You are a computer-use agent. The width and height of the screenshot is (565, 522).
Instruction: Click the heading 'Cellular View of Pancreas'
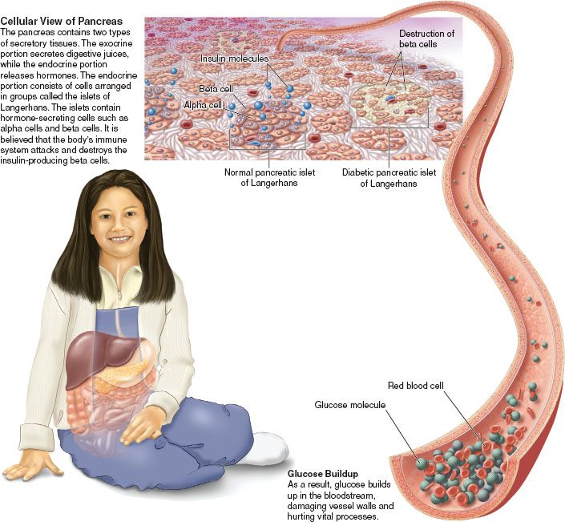point(62,22)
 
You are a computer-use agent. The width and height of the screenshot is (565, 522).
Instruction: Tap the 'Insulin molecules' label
point(234,59)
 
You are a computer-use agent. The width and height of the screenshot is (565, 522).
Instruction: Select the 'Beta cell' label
point(216,89)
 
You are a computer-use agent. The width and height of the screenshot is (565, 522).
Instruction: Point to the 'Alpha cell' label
point(203,105)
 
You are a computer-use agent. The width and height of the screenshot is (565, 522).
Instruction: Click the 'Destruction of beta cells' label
point(426,39)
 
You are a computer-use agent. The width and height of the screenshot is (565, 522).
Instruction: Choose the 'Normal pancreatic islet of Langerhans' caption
point(269,177)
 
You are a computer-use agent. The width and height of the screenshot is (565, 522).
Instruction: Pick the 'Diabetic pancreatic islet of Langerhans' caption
point(389,178)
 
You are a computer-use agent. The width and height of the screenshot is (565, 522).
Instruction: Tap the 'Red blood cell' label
point(415,386)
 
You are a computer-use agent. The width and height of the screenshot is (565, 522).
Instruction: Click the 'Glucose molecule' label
point(350,404)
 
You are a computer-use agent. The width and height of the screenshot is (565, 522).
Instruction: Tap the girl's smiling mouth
point(121,239)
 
